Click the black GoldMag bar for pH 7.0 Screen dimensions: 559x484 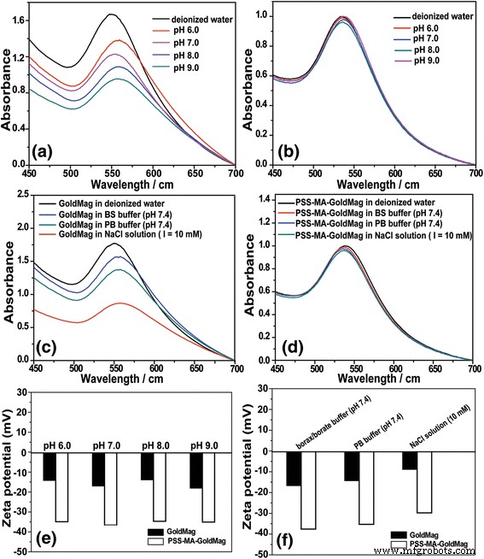pyautogui.click(x=98, y=469)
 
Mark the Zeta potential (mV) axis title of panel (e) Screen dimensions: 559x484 pyautogui.click(x=9, y=467)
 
